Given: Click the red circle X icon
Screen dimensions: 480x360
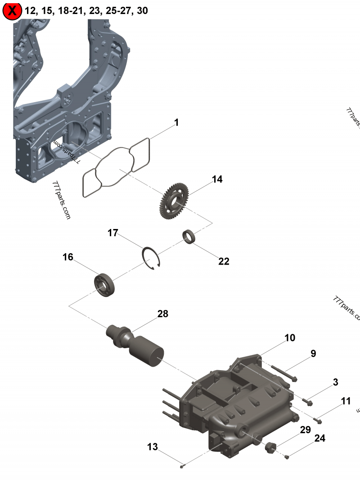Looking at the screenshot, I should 12,11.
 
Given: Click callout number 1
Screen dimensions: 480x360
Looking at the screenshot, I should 176,122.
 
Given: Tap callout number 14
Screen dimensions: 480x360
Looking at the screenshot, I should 217,179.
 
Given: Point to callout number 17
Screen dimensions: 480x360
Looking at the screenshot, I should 112,233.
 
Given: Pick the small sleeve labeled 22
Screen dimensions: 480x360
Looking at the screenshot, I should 189,237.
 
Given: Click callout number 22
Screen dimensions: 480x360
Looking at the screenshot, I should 224,261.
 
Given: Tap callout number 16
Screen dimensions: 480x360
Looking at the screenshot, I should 67,257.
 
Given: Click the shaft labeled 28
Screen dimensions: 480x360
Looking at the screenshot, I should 135,345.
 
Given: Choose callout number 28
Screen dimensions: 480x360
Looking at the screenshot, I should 162,314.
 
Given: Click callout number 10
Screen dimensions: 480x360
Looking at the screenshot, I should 290,337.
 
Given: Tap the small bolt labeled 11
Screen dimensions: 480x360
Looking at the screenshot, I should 318,420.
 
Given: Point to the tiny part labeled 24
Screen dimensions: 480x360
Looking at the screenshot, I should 287,457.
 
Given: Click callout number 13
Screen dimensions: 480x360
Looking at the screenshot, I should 153,447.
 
